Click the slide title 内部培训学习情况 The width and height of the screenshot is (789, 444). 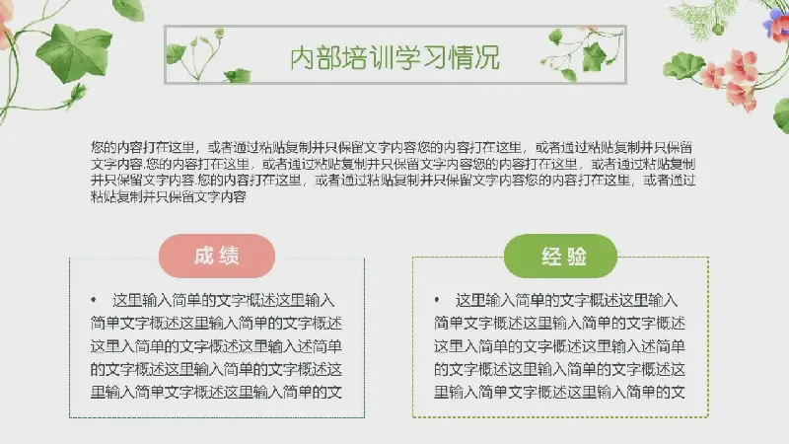[395, 57]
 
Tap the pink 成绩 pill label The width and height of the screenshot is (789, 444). [217, 256]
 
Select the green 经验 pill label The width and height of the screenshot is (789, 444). [560, 256]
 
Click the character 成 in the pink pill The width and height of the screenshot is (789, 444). [204, 256]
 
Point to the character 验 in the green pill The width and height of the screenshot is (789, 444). [577, 257]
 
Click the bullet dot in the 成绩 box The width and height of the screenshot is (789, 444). [94, 300]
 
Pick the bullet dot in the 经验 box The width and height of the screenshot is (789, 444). [437, 300]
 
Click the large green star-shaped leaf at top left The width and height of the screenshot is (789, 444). [75, 52]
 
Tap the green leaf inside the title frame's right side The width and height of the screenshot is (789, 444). [595, 57]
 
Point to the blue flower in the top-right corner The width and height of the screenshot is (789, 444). [774, 24]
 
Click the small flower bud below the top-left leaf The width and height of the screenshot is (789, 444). [77, 94]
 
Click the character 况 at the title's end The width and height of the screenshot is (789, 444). [487, 58]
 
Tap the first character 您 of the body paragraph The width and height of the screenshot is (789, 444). [97, 147]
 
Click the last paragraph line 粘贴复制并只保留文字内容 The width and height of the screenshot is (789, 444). [168, 196]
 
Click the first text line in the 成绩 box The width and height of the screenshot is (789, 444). [224, 301]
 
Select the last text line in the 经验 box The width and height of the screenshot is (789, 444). [559, 391]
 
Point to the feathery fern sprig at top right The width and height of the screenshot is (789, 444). [698, 19]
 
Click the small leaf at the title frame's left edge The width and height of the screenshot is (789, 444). [176, 53]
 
